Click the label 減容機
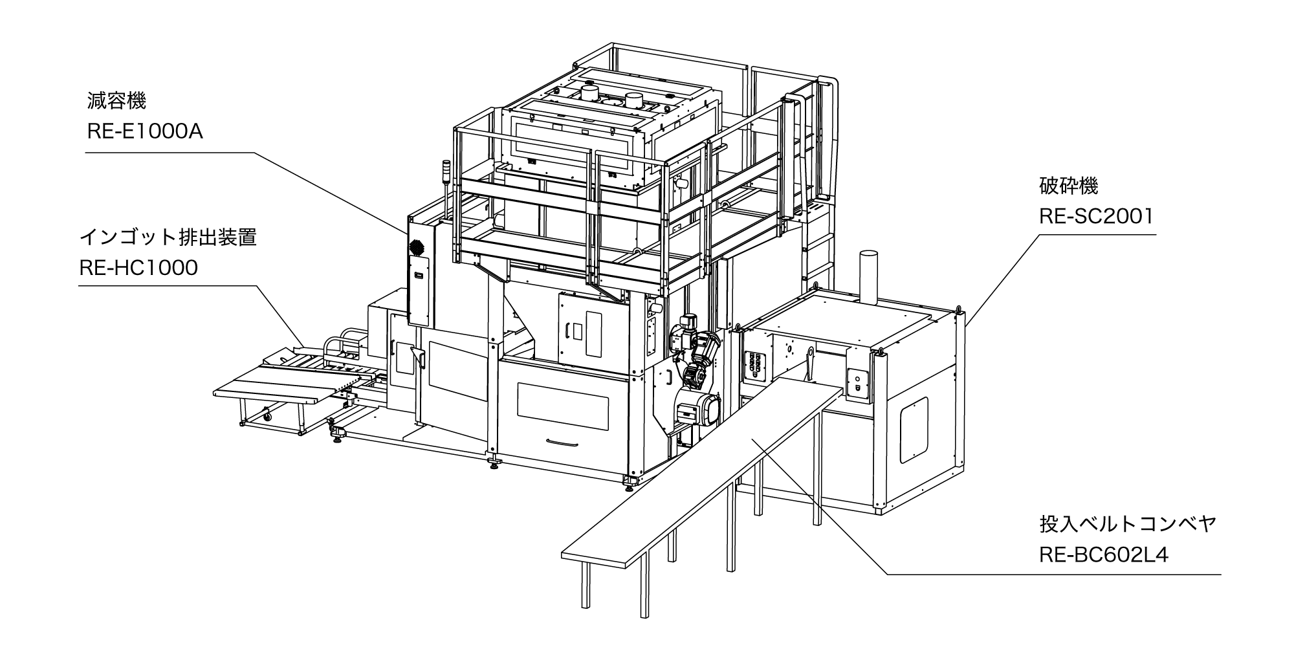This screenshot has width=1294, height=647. tap(116, 101)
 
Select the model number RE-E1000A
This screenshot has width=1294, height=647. tap(145, 132)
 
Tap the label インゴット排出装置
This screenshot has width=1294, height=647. tap(168, 237)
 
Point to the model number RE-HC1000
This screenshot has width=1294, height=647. tap(138, 268)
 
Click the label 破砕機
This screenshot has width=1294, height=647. tap(1068, 187)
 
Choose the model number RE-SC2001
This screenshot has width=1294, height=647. tap(1096, 216)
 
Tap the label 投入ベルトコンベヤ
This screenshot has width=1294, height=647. tap(1128, 524)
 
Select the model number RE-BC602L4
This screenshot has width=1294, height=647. tap(1104, 555)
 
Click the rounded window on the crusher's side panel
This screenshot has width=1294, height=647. tap(914, 430)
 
